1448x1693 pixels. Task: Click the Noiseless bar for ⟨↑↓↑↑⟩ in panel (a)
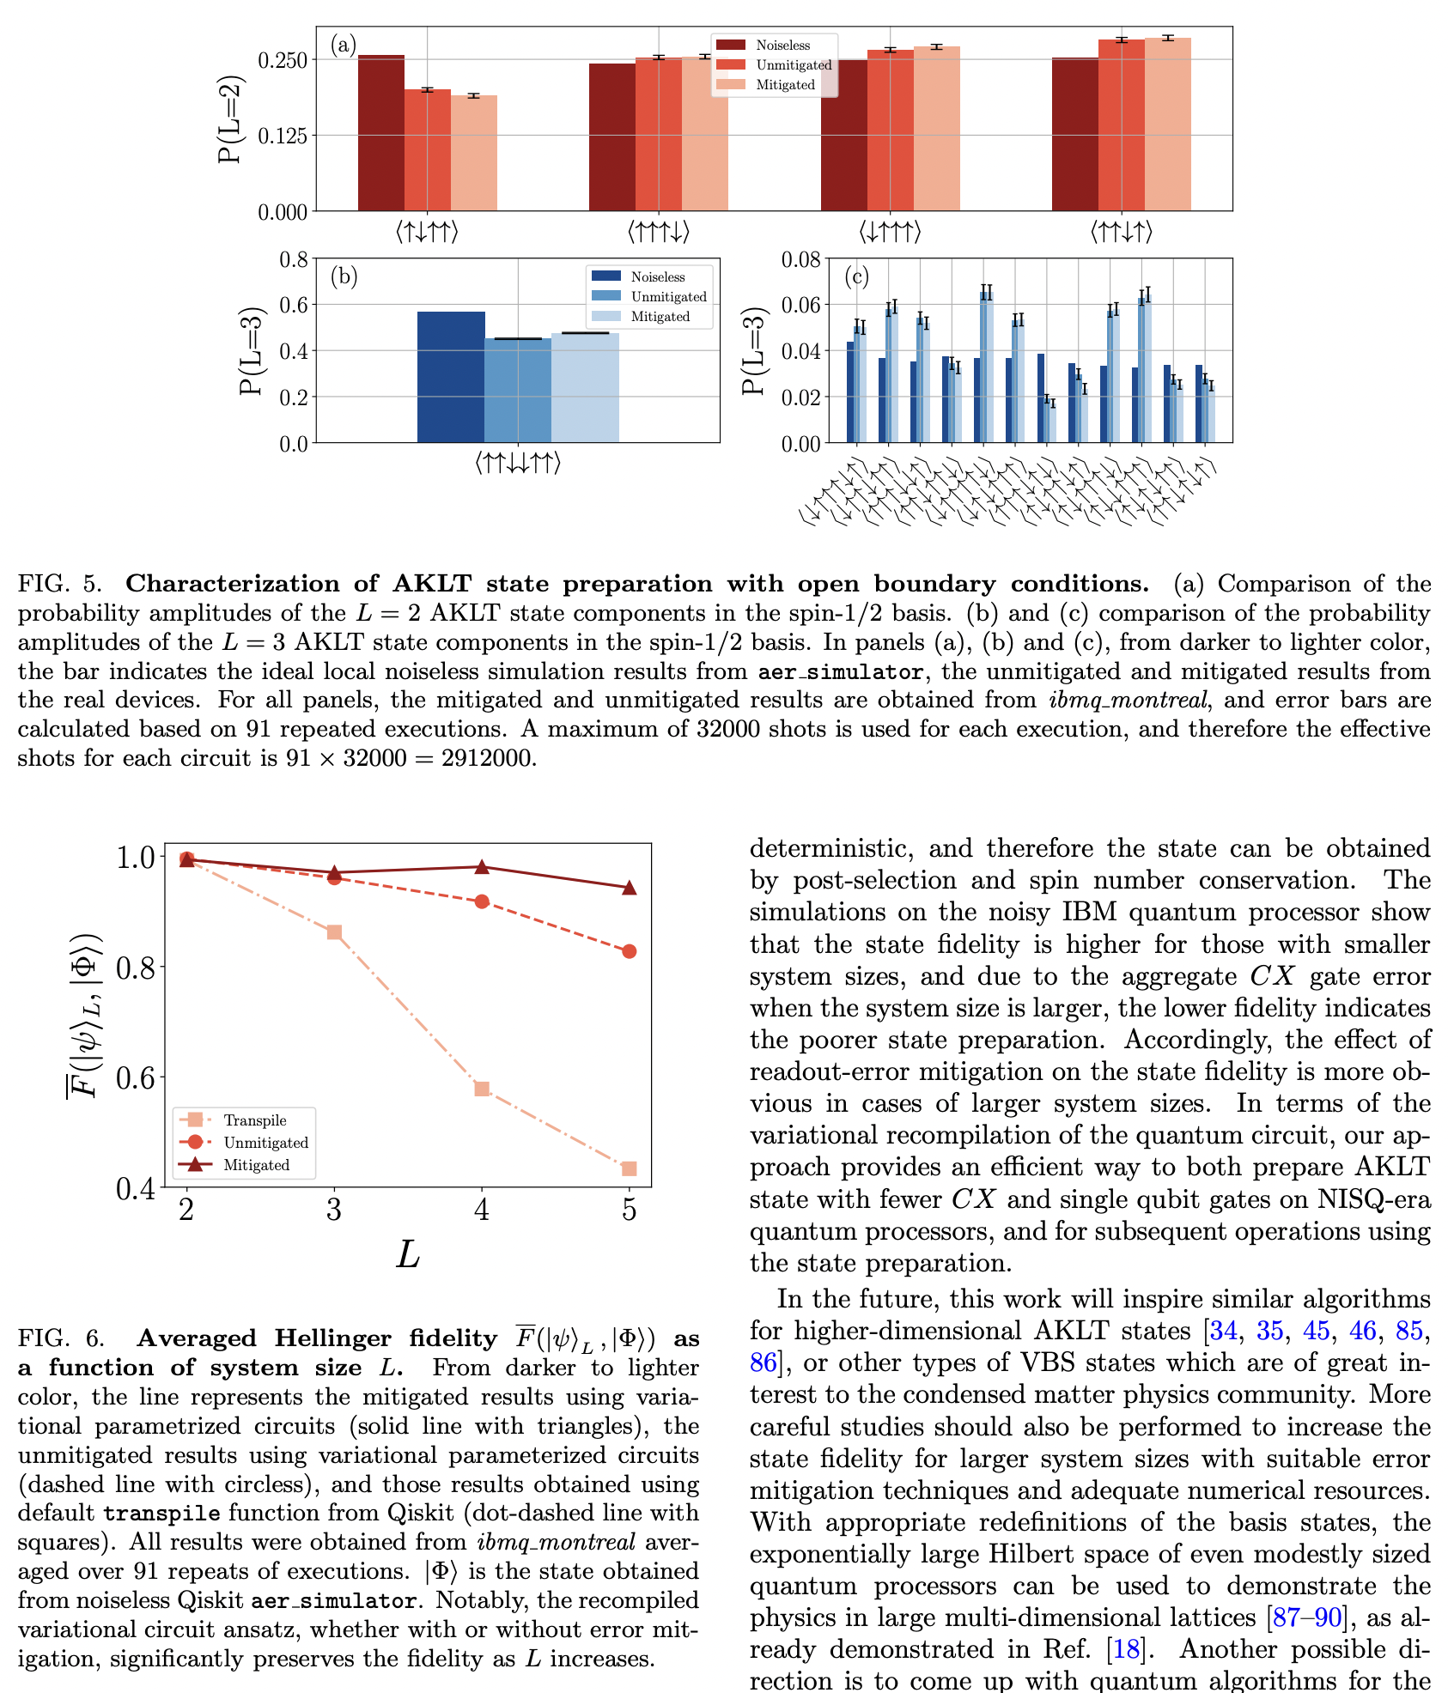pyautogui.click(x=380, y=133)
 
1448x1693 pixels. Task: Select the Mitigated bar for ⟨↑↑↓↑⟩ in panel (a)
pyautogui.click(x=1167, y=124)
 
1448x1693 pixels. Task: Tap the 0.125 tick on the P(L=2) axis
pyautogui.click(x=283, y=136)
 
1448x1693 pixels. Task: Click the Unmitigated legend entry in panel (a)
pyautogui.click(x=793, y=65)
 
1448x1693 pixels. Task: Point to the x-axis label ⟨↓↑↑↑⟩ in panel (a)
pyautogui.click(x=890, y=232)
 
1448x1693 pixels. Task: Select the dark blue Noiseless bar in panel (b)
pyautogui.click(x=451, y=378)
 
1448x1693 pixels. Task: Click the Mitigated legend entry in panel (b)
pyautogui.click(x=660, y=317)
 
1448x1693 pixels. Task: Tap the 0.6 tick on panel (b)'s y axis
pyautogui.click(x=295, y=306)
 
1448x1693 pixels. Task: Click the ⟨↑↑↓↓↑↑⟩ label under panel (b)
pyautogui.click(x=517, y=464)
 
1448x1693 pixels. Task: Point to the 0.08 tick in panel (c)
pyautogui.click(x=801, y=260)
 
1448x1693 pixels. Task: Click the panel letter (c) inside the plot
pyautogui.click(x=856, y=276)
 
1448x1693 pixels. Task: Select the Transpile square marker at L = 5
pyautogui.click(x=629, y=1168)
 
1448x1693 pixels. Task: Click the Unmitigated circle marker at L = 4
pyautogui.click(x=482, y=901)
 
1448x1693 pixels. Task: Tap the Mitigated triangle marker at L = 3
pyautogui.click(x=334, y=872)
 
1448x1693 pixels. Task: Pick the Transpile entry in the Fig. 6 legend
pyautogui.click(x=254, y=1120)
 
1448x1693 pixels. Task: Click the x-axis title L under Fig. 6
pyautogui.click(x=407, y=1255)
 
